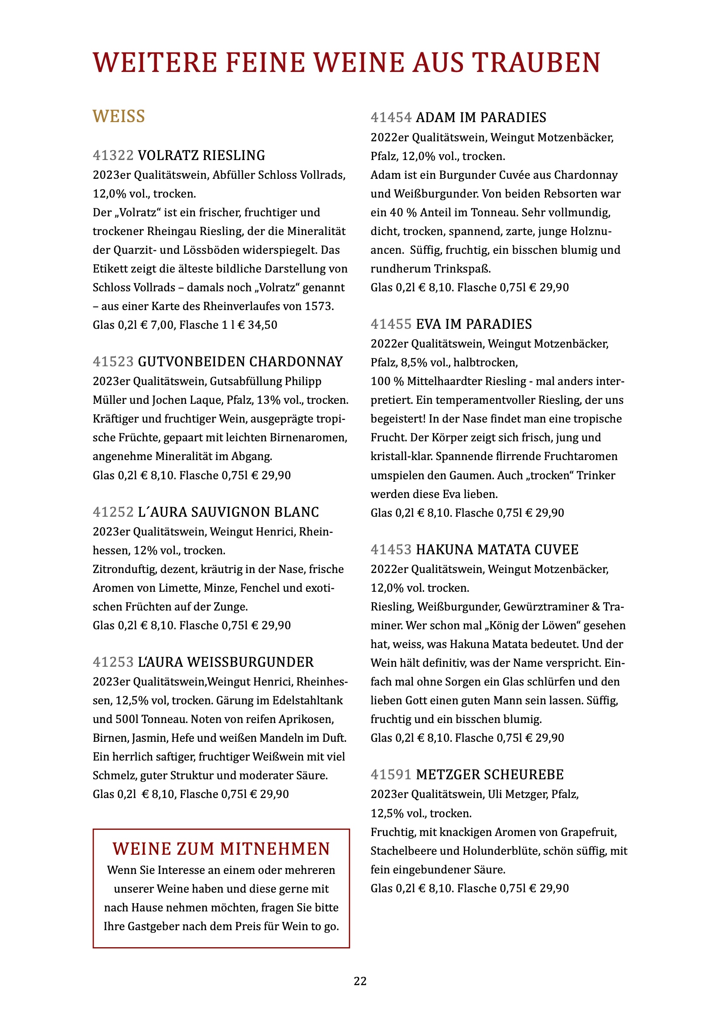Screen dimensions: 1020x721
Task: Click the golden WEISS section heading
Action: coord(119,116)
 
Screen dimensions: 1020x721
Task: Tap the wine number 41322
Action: coord(113,156)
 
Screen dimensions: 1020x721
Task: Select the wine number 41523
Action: coord(113,362)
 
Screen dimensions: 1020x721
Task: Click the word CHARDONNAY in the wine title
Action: coord(296,362)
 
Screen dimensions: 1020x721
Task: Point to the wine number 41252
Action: coord(113,512)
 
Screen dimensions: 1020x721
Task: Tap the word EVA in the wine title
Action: coord(428,324)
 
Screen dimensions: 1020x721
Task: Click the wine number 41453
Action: coord(391,549)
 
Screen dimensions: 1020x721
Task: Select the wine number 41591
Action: coord(391,774)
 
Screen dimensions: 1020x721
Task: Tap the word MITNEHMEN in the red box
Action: coord(275,849)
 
